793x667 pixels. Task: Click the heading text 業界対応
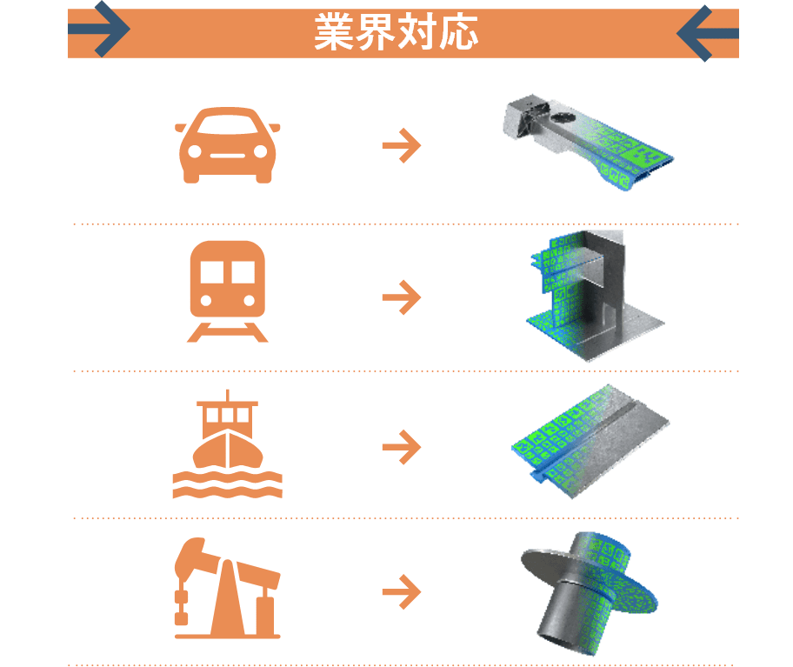click(x=396, y=32)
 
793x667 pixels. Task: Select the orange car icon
click(x=228, y=144)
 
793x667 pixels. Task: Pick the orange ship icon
click(x=228, y=444)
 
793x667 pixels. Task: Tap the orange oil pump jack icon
click(x=228, y=588)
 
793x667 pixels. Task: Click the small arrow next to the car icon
click(x=402, y=145)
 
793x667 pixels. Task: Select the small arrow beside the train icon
click(x=402, y=297)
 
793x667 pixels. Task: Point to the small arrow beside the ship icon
click(x=402, y=447)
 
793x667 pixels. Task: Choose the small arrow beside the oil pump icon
click(x=402, y=591)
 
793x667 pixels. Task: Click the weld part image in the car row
click(x=589, y=141)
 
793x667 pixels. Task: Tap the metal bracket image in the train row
click(x=596, y=297)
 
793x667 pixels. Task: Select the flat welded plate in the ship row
click(x=590, y=442)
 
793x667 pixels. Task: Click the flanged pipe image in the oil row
click(x=590, y=594)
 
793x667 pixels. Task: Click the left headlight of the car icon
click(x=195, y=151)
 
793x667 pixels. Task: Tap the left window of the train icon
click(x=212, y=272)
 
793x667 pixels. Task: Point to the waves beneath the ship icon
click(x=228, y=484)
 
